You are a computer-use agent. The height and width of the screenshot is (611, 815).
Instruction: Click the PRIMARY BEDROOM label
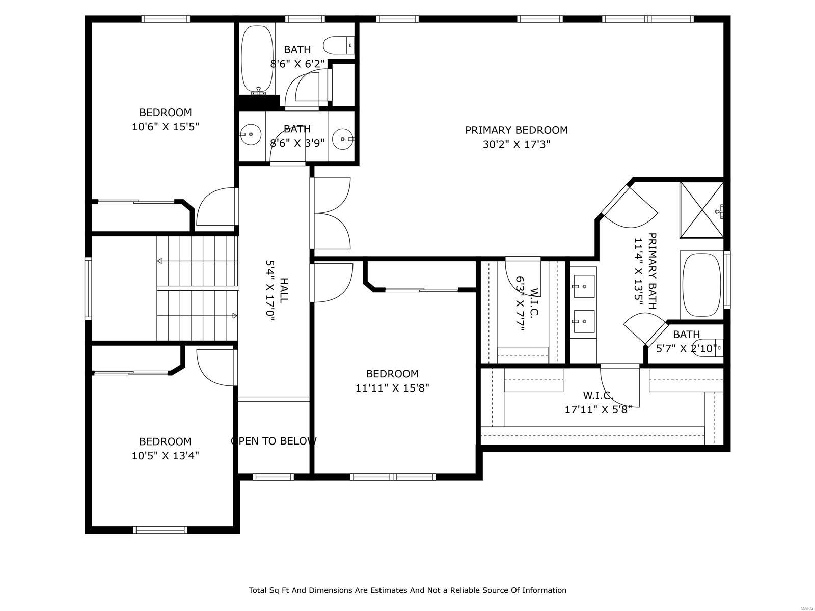tap(516, 130)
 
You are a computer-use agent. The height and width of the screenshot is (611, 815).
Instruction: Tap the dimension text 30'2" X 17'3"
tap(516, 144)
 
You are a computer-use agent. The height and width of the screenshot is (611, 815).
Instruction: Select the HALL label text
tap(284, 290)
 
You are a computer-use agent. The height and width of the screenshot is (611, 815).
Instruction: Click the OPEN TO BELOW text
tap(274, 441)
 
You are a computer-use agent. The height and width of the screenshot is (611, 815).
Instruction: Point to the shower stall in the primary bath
tap(701, 210)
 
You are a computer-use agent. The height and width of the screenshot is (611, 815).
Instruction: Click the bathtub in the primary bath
tap(701, 285)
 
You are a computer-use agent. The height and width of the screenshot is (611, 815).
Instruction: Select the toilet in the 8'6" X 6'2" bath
tap(340, 44)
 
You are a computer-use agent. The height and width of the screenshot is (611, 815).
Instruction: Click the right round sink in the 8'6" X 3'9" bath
tap(343, 138)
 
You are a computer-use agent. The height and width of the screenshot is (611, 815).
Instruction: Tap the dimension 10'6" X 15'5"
tap(165, 127)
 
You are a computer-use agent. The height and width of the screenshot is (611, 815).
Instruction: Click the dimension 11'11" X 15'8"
tap(392, 388)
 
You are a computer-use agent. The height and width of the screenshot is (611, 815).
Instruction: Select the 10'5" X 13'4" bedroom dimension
tap(165, 456)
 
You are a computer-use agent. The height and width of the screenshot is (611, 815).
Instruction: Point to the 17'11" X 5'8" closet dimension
tap(598, 409)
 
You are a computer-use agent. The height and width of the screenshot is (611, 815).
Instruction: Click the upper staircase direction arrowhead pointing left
tap(159, 261)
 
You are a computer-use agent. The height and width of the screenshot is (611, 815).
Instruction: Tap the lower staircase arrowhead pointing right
tap(235, 316)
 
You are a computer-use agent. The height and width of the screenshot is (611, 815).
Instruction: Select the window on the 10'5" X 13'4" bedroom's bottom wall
tap(160, 530)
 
